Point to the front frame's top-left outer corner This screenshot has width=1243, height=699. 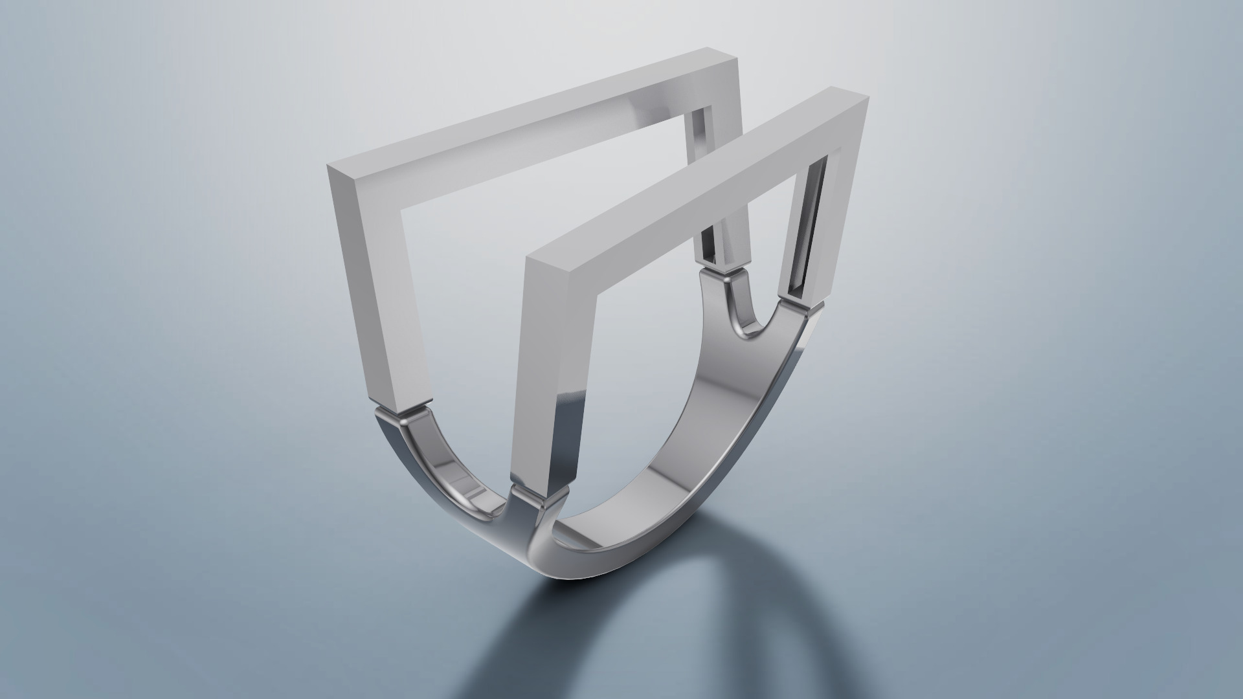pyautogui.click(x=528, y=258)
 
